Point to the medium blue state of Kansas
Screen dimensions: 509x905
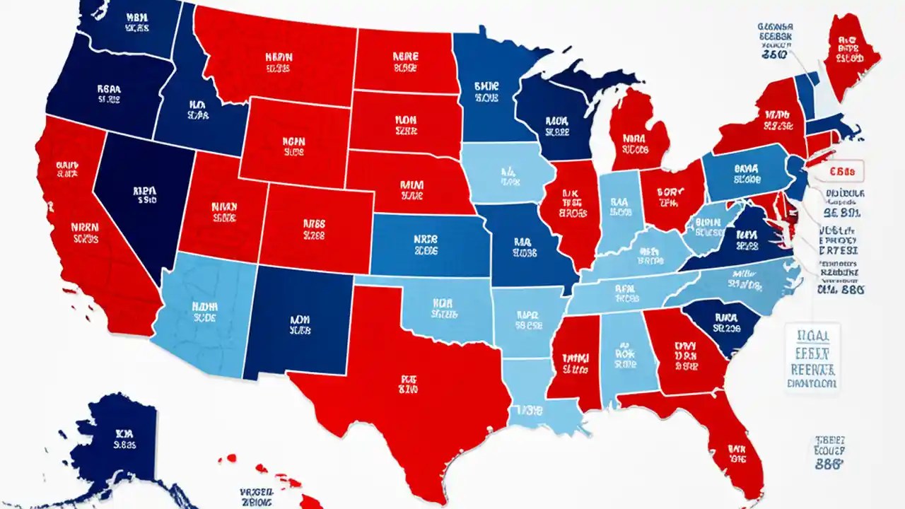click(x=424, y=244)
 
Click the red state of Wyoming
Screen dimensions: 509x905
click(x=293, y=141)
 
